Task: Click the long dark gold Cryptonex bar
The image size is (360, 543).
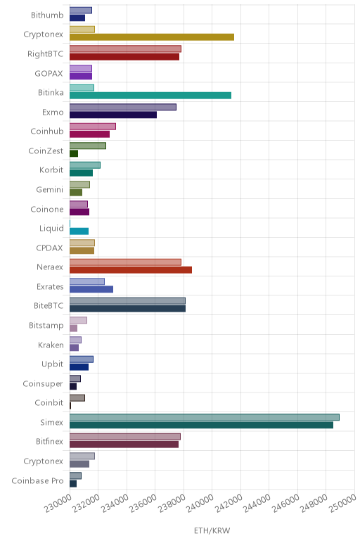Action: [x=152, y=37]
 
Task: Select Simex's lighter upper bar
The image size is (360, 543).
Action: [x=204, y=417]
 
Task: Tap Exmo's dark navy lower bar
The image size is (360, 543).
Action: [x=112, y=115]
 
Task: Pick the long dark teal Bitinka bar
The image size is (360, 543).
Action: [x=150, y=95]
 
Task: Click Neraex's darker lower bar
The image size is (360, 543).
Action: [x=131, y=270]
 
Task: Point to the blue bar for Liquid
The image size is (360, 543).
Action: [x=79, y=231]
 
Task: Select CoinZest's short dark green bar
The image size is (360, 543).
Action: [x=74, y=153]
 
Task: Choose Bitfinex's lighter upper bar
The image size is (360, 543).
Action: [x=125, y=437]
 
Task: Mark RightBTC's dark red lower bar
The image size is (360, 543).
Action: [x=124, y=56]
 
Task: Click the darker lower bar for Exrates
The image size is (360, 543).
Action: [x=91, y=289]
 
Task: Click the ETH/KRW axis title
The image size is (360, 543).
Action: [x=212, y=530]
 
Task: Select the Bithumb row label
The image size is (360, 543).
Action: [x=47, y=15]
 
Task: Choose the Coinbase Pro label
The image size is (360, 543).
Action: [x=38, y=480]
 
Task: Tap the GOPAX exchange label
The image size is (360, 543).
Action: [x=49, y=73]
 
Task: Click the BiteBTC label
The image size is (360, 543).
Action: [x=49, y=306]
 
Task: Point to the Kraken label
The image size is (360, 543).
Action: [x=51, y=345]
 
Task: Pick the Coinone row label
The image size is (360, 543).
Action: [x=47, y=209]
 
